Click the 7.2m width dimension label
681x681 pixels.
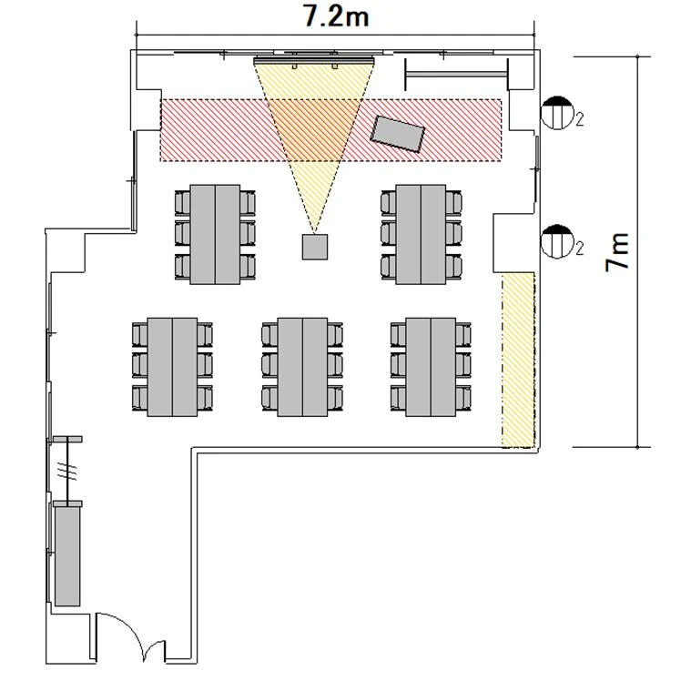click(x=336, y=16)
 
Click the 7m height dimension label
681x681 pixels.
click(x=617, y=252)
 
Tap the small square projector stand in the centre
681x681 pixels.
click(x=315, y=247)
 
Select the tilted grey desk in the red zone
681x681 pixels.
click(x=397, y=134)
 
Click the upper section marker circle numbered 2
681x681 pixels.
click(x=557, y=113)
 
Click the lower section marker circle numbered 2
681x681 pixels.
click(x=557, y=241)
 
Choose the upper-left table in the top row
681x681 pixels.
click(x=215, y=235)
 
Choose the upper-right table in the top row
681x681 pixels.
click(x=421, y=235)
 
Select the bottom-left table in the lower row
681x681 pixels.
click(x=172, y=367)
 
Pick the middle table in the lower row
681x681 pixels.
click(x=302, y=367)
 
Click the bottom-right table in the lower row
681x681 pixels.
click(x=431, y=367)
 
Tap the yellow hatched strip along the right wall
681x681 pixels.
click(x=518, y=361)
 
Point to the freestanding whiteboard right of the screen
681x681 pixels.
click(x=456, y=75)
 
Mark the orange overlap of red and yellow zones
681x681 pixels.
click(x=313, y=130)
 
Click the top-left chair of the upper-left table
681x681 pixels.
click(x=182, y=203)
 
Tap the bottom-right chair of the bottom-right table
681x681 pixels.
click(x=463, y=398)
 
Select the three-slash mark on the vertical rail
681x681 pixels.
click(x=67, y=472)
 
